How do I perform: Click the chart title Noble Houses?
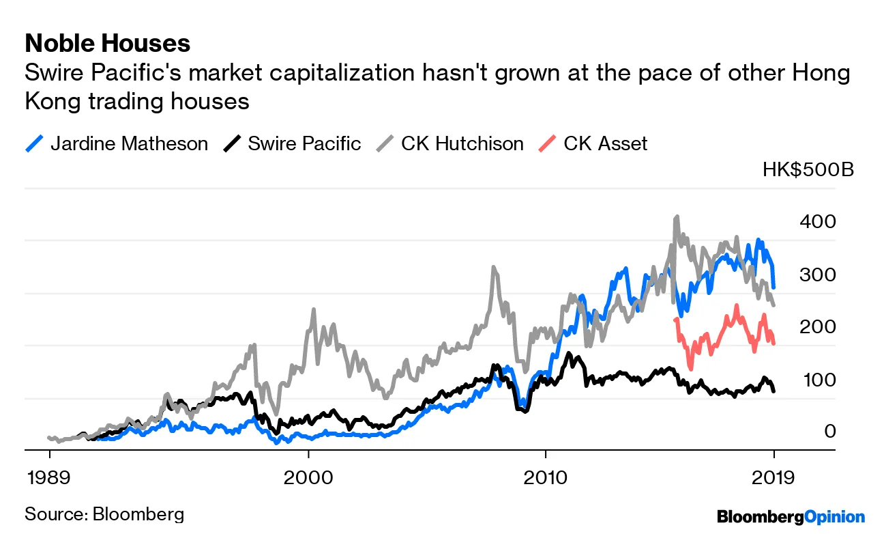tap(107, 44)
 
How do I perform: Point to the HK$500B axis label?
tap(808, 169)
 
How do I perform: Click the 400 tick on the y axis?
tap(821, 221)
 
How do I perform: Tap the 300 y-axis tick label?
tap(821, 274)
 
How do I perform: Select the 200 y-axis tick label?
tap(821, 326)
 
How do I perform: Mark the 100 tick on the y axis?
tap(821, 379)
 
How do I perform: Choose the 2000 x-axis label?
tap(308, 476)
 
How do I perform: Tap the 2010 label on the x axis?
tap(545, 476)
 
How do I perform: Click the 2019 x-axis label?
tap(773, 476)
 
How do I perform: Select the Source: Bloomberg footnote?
tap(104, 514)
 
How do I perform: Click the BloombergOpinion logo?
tap(791, 517)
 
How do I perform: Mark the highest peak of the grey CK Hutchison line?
tap(676, 217)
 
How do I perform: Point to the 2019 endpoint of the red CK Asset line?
tap(773, 343)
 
